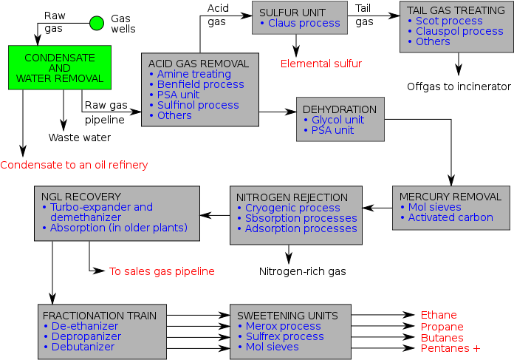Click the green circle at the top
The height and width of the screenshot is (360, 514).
pos(97,23)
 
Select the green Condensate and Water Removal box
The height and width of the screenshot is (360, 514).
pos(60,68)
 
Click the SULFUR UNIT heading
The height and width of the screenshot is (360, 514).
pos(293,13)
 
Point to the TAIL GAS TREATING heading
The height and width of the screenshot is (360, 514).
pos(456,10)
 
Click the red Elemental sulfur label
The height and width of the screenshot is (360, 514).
pos(321,64)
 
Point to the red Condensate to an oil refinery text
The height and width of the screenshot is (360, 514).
pos(74,165)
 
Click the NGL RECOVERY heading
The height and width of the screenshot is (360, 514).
pos(81,197)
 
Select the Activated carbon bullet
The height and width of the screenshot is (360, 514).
pos(450,217)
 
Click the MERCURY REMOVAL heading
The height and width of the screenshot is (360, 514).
pos(450,197)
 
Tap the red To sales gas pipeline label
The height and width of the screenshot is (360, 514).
pos(162,271)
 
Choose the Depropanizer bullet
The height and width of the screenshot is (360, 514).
pos(86,336)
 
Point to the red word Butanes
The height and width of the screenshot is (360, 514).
pos(442,338)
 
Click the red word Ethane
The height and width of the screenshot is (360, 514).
pos(439,316)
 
